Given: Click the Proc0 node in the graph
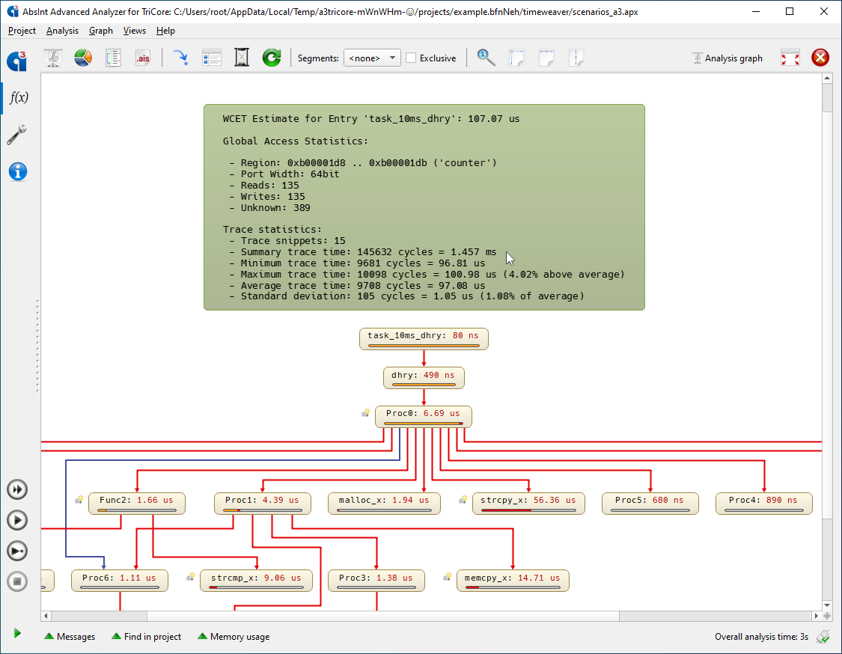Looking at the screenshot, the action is tap(423, 416).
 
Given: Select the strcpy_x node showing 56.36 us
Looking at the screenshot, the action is tap(528, 503).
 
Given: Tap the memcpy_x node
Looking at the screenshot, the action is tap(512, 581).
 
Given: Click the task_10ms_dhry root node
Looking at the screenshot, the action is tap(424, 339).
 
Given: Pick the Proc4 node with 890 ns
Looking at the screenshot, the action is tap(763, 503).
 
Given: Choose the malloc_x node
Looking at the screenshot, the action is tap(384, 503).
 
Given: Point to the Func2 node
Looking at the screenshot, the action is tap(137, 503).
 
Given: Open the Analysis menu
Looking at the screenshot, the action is tap(62, 31).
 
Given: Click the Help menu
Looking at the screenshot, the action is tap(165, 31).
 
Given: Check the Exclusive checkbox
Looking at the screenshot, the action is tap(411, 58).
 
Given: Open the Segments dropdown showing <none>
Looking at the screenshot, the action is tap(372, 58).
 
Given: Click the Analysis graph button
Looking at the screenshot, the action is tap(727, 58).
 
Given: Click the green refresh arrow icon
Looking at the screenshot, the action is tap(272, 58).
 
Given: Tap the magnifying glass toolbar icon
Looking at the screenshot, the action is tap(486, 58).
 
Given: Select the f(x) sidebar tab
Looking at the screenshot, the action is tap(19, 97).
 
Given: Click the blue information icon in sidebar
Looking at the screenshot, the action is tap(18, 172).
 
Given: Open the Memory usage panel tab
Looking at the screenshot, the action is tap(234, 636).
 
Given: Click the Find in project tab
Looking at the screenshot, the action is tap(146, 636).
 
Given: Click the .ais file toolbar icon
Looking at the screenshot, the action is tap(143, 58).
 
